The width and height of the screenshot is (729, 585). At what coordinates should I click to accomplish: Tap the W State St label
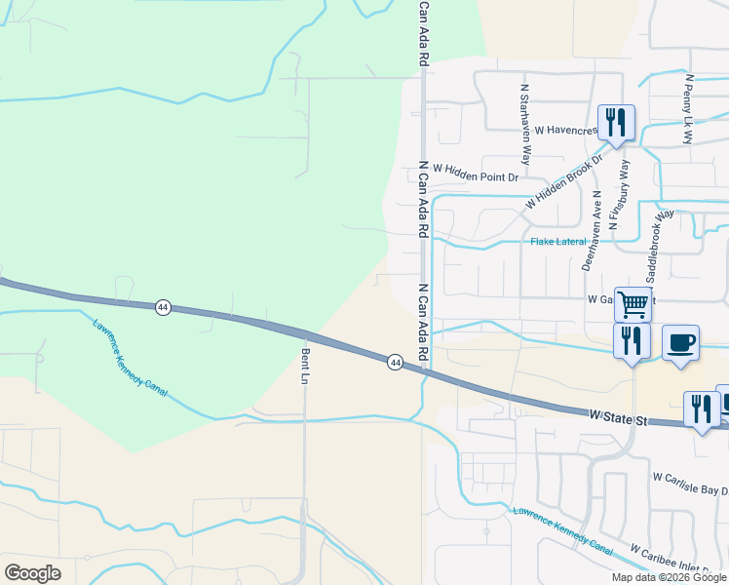pyautogui.click(x=619, y=418)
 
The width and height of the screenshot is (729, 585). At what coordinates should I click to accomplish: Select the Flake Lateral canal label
pyautogui.click(x=558, y=241)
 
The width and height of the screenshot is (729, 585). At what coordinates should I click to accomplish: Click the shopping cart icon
pyautogui.click(x=633, y=303)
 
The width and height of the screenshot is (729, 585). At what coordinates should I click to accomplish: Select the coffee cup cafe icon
pyautogui.click(x=681, y=343)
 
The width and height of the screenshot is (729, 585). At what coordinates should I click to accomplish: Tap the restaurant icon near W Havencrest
pyautogui.click(x=616, y=122)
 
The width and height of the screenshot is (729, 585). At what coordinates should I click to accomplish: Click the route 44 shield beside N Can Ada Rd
pyautogui.click(x=395, y=362)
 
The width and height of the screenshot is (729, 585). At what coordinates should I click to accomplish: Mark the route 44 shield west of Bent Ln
pyautogui.click(x=163, y=307)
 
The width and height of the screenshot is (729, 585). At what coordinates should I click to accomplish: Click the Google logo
pyautogui.click(x=32, y=573)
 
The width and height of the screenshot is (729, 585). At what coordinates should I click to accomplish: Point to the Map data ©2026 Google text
pyautogui.click(x=670, y=577)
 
